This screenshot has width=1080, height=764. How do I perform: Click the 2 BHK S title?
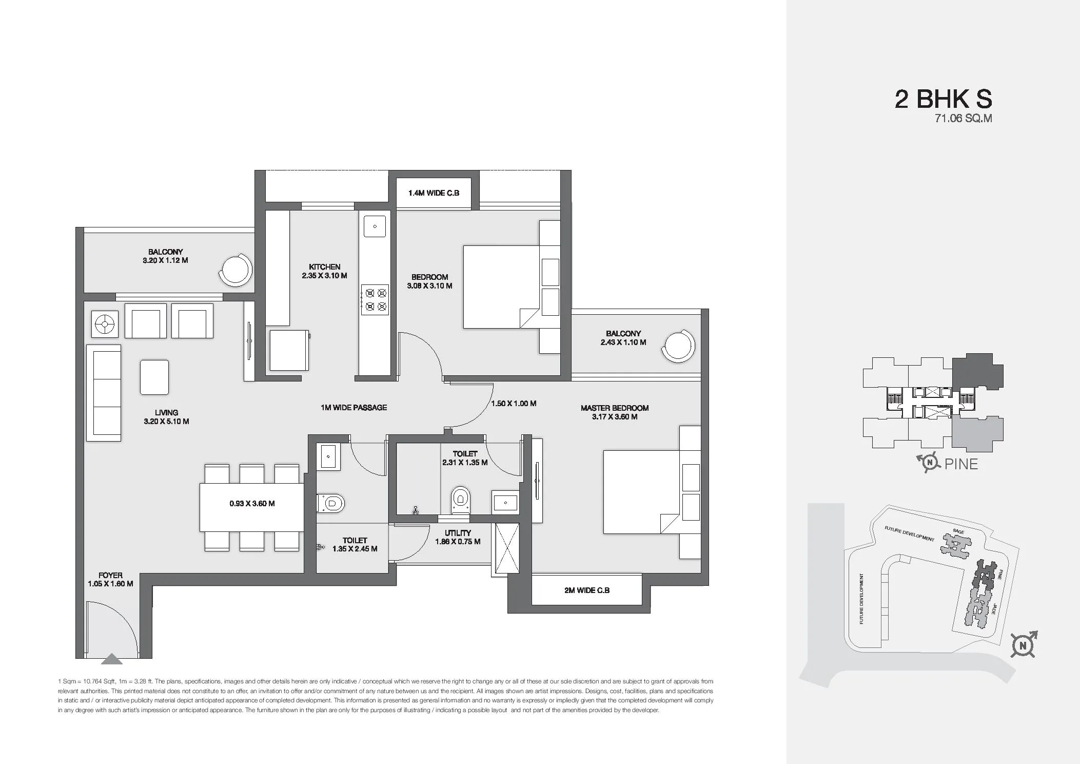[943, 99]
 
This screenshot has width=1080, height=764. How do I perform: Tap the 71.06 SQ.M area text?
[963, 119]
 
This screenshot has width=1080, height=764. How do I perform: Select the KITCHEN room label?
[324, 271]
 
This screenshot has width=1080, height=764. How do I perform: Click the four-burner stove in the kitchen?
[375, 300]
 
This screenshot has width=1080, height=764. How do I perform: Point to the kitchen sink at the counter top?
[375, 226]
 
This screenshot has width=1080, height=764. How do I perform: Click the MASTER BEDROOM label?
[614, 412]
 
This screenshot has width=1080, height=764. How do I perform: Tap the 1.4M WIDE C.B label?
[434, 193]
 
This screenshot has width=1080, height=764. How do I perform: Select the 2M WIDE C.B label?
[586, 590]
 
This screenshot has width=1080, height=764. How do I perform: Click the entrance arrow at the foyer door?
[112, 659]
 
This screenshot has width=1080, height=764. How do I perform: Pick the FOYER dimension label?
[110, 580]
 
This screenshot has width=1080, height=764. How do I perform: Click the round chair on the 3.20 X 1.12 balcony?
[236, 270]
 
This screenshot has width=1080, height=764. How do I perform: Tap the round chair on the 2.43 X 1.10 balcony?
[678, 345]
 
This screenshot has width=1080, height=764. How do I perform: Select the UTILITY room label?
[458, 537]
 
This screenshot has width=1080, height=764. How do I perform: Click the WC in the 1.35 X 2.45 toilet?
[330, 503]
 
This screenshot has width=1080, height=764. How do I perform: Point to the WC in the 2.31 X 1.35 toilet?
[460, 500]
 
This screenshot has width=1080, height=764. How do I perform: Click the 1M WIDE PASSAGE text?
[354, 408]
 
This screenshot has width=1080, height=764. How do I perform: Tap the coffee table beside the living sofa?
[154, 377]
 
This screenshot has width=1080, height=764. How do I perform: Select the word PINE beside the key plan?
[961, 464]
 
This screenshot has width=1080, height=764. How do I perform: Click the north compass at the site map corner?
[1024, 645]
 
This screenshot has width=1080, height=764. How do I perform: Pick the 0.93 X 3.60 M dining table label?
[252, 504]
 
